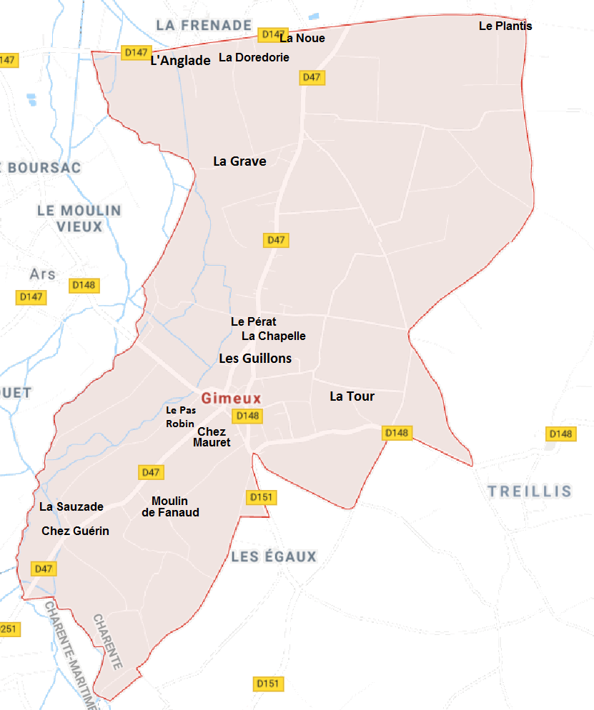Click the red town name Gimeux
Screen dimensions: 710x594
tap(231, 399)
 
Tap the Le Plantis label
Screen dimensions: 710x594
tap(505, 26)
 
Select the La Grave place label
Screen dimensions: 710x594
tap(239, 161)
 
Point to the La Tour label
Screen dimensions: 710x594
tap(352, 396)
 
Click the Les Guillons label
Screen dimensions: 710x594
tap(255, 359)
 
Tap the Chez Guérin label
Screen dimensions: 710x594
tap(75, 531)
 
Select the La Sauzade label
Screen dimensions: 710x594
tap(71, 506)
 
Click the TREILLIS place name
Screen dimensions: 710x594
tap(530, 491)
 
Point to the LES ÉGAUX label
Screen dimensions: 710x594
tap(274, 556)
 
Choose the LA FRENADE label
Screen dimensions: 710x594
tap(204, 25)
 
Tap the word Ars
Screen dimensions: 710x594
tap(42, 274)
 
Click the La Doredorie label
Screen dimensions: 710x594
tap(254, 57)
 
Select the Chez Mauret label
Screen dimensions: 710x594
tap(212, 437)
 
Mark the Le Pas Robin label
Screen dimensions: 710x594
tap(180, 417)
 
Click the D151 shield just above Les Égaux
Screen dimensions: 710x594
tap(262, 497)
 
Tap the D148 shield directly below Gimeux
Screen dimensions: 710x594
tap(247, 416)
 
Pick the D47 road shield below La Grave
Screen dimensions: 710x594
tap(276, 240)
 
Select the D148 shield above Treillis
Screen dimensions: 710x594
tap(560, 434)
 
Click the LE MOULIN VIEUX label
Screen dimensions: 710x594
tap(79, 219)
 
